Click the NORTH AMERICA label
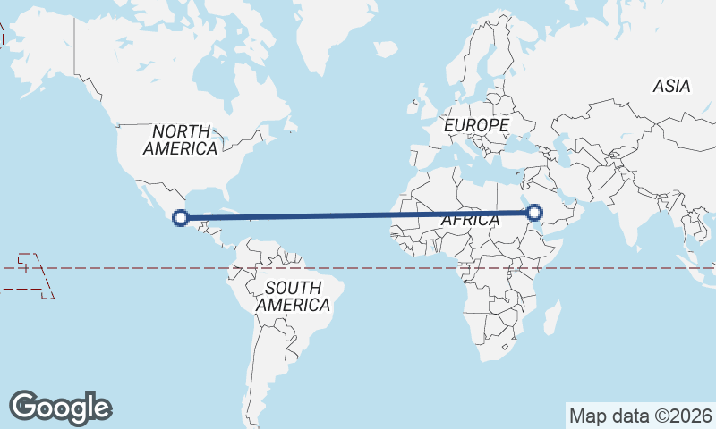180,139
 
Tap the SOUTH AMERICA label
293,296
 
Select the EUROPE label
476,126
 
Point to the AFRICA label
471,220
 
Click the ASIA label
671,87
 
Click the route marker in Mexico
181,217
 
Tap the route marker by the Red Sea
534,213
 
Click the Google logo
60,408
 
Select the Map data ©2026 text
641,416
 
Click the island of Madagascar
552,316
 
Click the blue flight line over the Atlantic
358,215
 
